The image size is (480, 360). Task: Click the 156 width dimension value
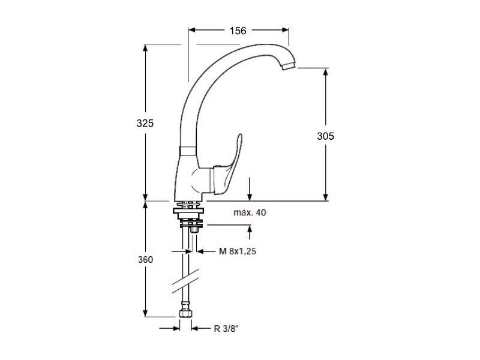(x=238, y=31)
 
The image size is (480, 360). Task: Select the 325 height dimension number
(x=145, y=123)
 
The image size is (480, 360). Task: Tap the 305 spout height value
(x=325, y=136)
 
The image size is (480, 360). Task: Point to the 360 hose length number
(x=145, y=260)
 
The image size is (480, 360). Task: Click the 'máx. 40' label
(x=250, y=212)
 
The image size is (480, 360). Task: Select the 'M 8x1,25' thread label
(x=238, y=251)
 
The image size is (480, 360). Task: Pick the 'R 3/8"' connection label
(x=226, y=329)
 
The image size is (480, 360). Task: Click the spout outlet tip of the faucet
(x=289, y=65)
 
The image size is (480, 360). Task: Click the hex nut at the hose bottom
(x=185, y=314)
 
